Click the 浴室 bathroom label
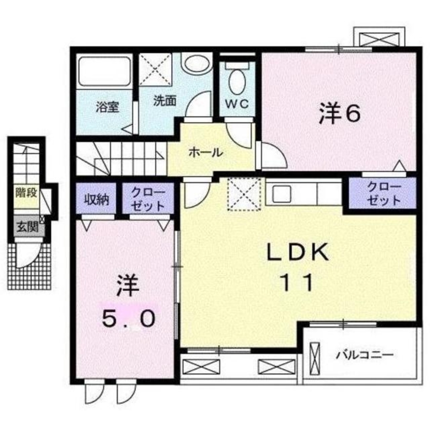[x=107, y=107]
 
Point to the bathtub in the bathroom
[x=104, y=72]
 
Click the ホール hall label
[x=206, y=152]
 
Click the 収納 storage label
[x=96, y=199]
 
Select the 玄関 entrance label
[x=25, y=226]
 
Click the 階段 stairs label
[x=25, y=192]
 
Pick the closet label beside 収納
[x=147, y=198]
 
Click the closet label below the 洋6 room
[x=383, y=194]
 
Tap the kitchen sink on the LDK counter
[x=282, y=192]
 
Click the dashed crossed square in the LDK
[x=244, y=194]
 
